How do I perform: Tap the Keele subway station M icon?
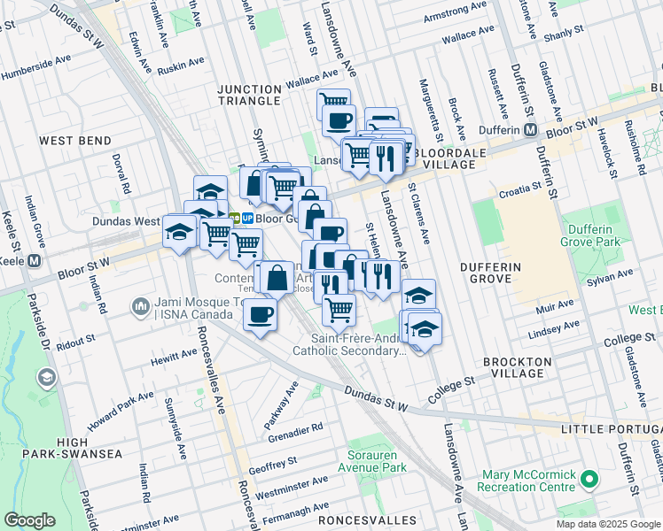pos(35,261)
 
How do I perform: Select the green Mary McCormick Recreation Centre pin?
pos(590,480)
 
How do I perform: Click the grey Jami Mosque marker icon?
pos(140,307)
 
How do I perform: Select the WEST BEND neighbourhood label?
pos(75,141)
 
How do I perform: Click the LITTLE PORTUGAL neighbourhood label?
pos(611,429)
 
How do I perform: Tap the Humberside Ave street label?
pos(35,68)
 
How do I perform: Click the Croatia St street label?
pos(519,188)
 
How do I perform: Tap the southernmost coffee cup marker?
pos(260,314)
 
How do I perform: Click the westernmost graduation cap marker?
pos(179,232)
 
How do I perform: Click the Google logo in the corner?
pos(30,520)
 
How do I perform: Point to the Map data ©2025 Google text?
pos(607,524)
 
